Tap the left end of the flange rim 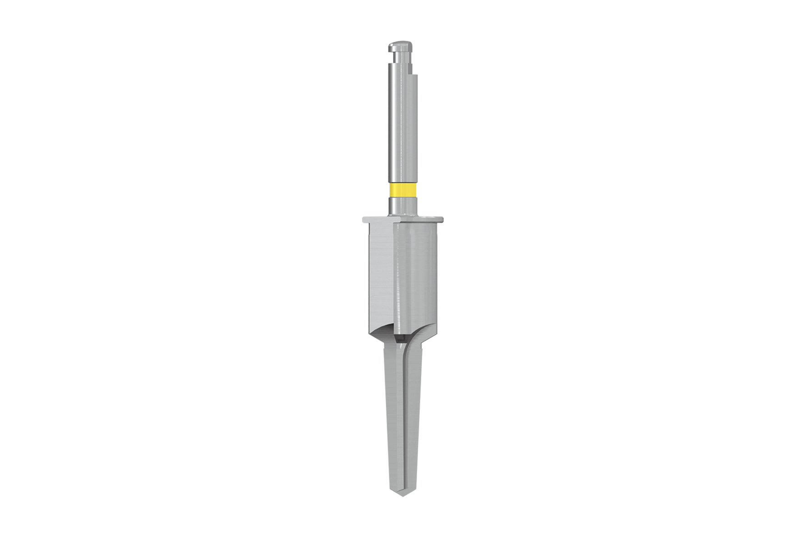(365, 220)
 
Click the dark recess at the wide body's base (400, 338)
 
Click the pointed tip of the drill (403, 494)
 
